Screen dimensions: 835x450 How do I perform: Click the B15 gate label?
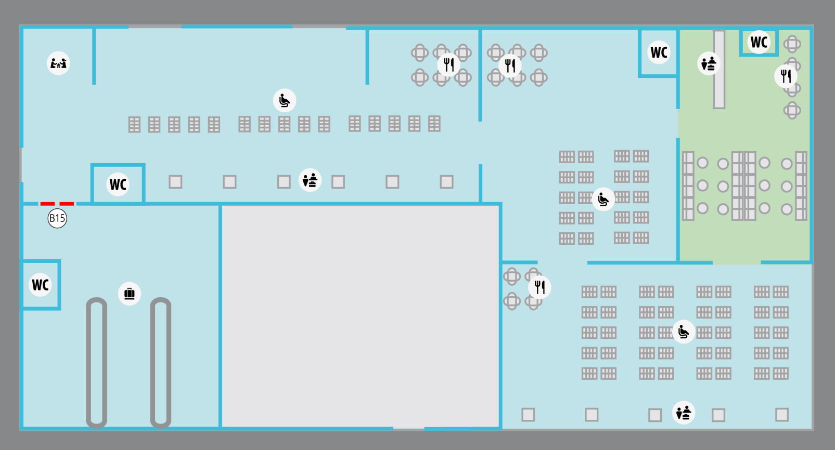[57, 218]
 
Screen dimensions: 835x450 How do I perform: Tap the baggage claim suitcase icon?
[130, 294]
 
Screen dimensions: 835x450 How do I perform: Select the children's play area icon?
[58, 63]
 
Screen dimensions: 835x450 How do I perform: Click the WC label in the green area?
[759, 42]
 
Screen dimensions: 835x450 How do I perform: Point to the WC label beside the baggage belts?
[40, 285]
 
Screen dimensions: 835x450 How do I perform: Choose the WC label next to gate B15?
[118, 184]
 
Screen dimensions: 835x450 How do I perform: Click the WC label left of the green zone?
[659, 52]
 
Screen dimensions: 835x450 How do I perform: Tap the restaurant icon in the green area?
[786, 76]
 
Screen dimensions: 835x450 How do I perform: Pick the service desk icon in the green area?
[709, 63]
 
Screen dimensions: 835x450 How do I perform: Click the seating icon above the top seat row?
[285, 100]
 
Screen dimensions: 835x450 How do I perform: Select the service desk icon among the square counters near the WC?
[310, 180]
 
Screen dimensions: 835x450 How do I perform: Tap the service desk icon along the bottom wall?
[684, 413]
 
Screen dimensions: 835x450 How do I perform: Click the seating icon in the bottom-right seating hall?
[684, 332]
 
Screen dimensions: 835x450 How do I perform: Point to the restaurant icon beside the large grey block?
[540, 287]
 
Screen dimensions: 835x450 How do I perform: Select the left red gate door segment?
[48, 204]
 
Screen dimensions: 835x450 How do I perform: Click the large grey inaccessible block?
[361, 316]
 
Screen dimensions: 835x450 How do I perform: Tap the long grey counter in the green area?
[719, 69]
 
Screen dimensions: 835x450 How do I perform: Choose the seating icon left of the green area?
[603, 199]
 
